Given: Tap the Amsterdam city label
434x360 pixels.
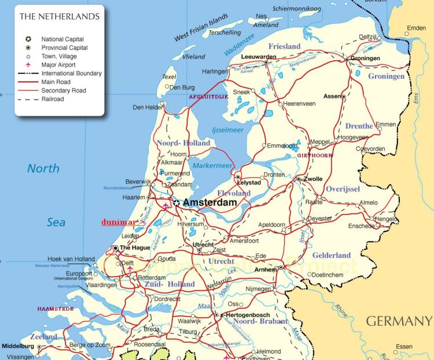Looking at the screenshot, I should [x=210, y=203].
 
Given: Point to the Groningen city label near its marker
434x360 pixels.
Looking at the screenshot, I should [x=365, y=58].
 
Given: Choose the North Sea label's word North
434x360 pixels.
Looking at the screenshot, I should [x=43, y=168].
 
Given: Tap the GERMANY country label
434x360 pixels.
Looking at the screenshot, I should [x=399, y=321].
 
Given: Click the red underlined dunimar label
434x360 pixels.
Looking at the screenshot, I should [x=119, y=222].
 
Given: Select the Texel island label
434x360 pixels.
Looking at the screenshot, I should [x=169, y=76].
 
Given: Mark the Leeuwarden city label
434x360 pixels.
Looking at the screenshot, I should [x=258, y=57].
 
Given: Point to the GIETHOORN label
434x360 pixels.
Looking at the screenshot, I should [x=315, y=155].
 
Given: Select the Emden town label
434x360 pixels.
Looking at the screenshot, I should [x=416, y=28].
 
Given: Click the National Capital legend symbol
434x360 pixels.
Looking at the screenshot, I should [x=28, y=39].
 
